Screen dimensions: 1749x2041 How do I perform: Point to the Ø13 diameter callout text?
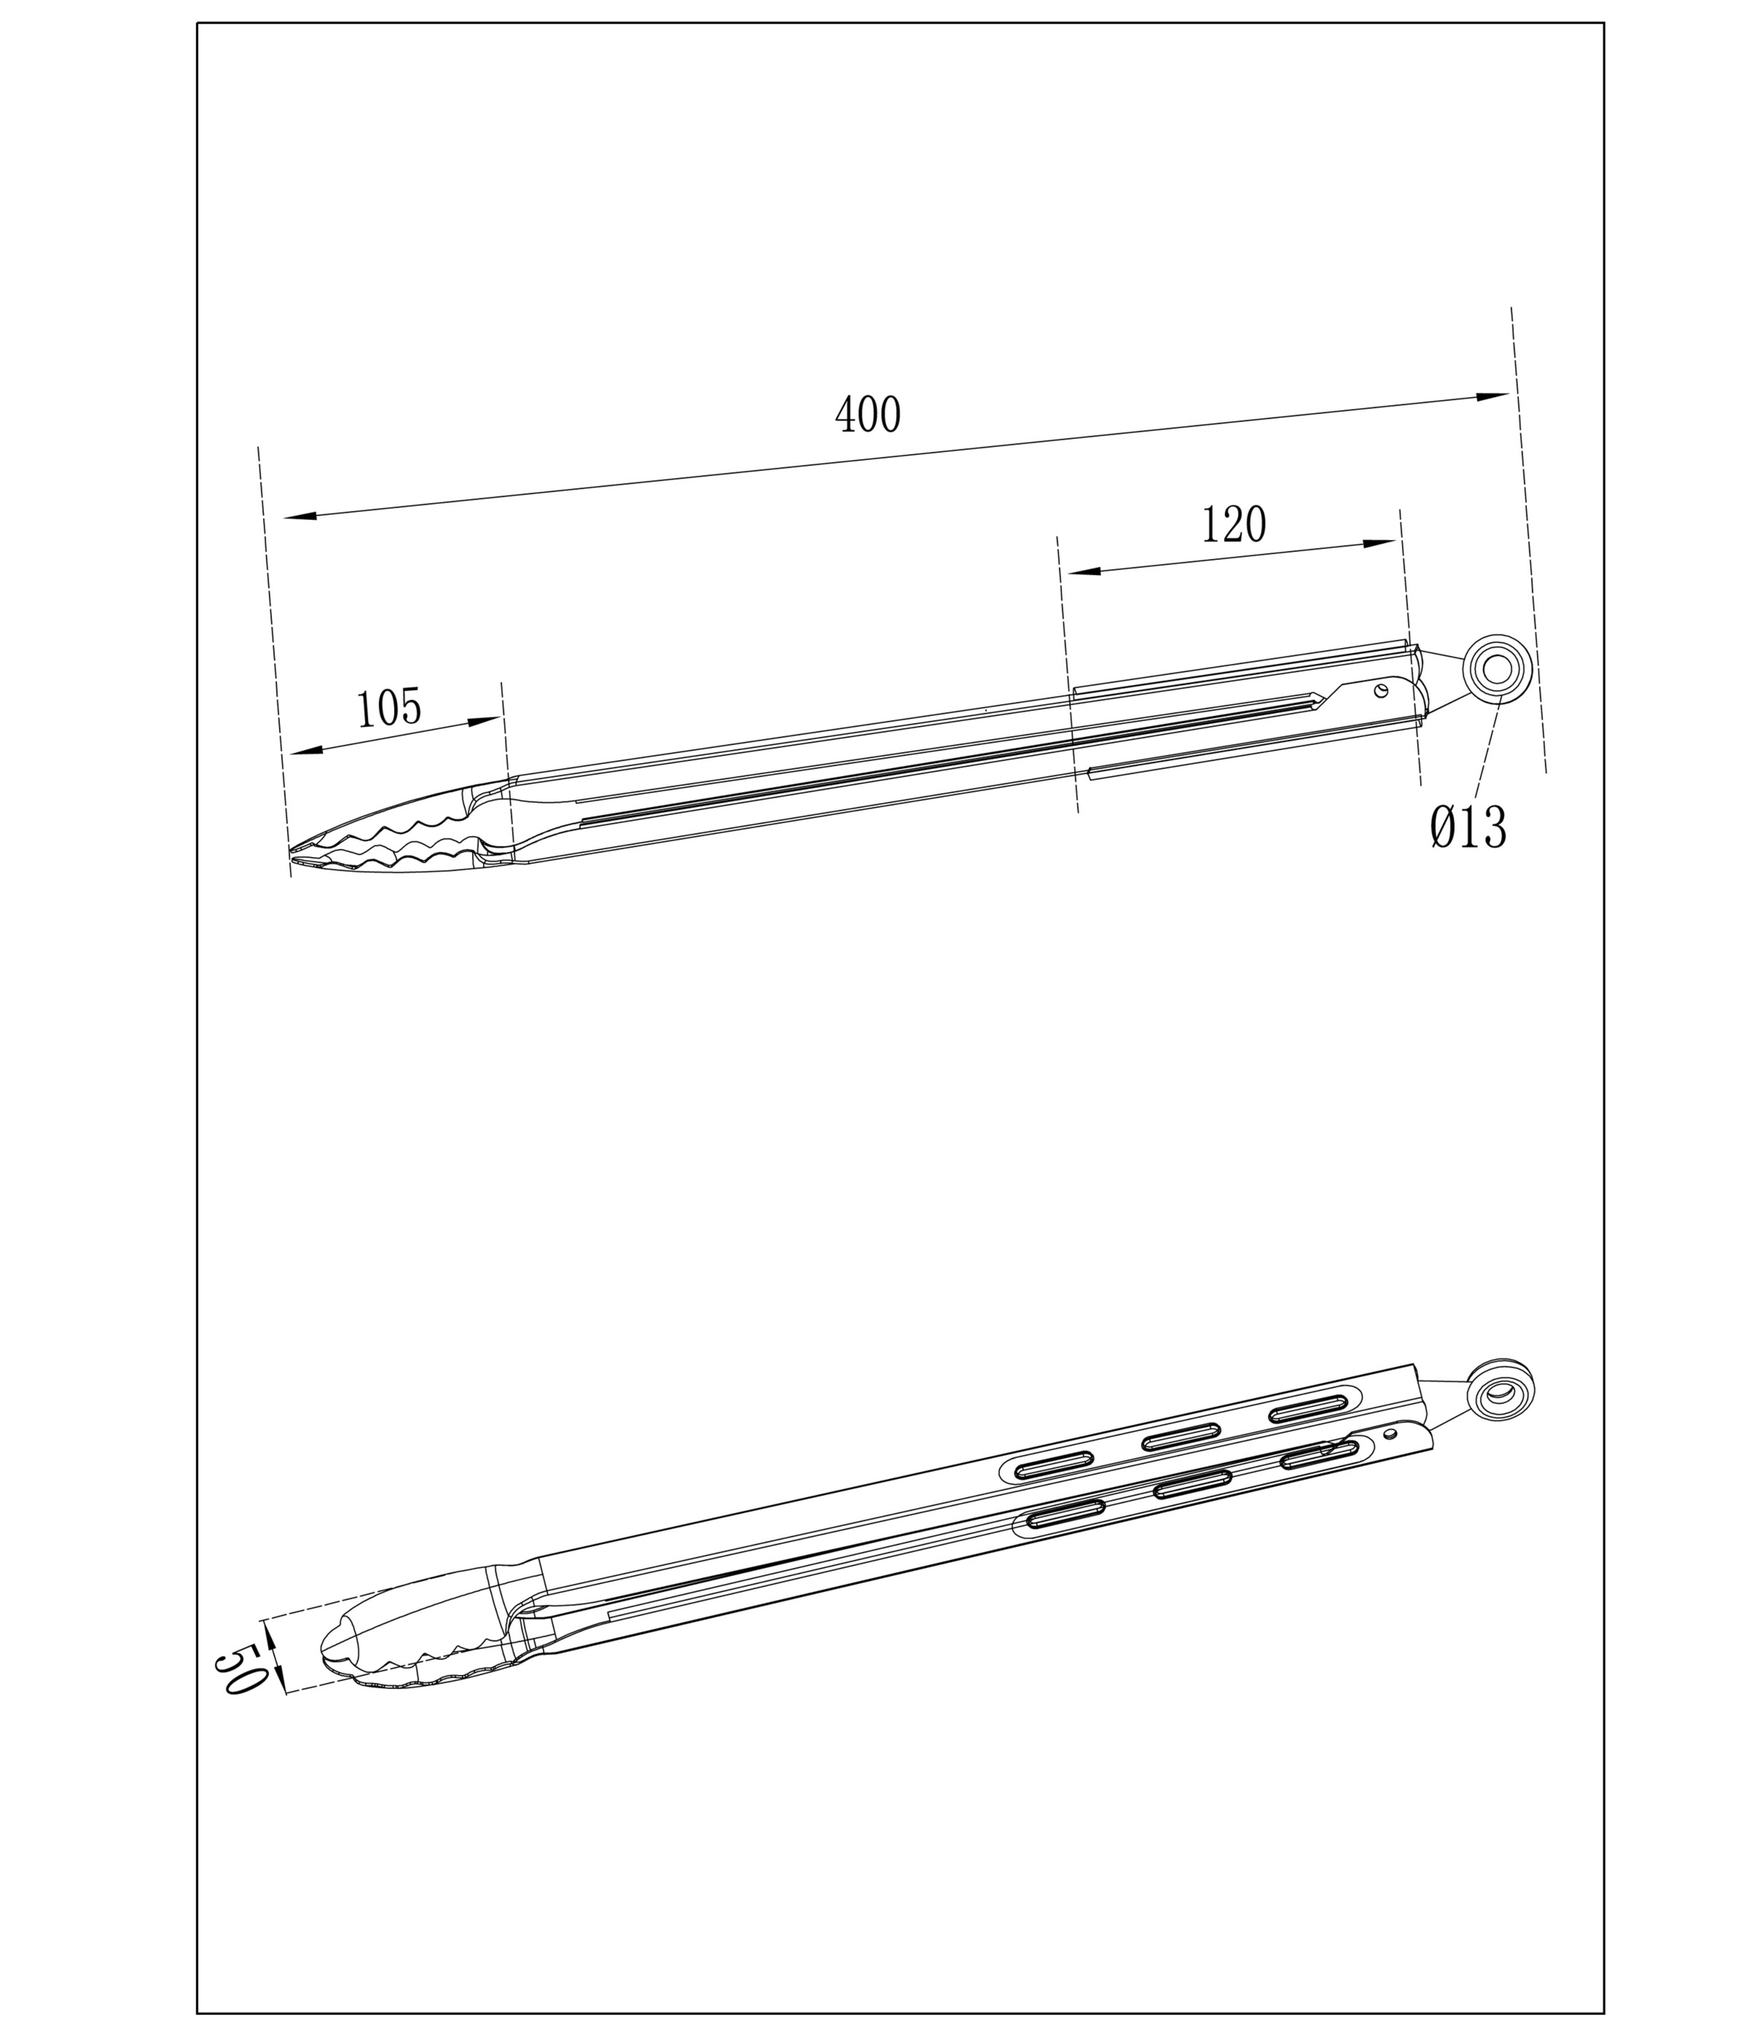point(1468,827)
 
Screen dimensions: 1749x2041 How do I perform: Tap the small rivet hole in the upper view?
point(1382,690)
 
